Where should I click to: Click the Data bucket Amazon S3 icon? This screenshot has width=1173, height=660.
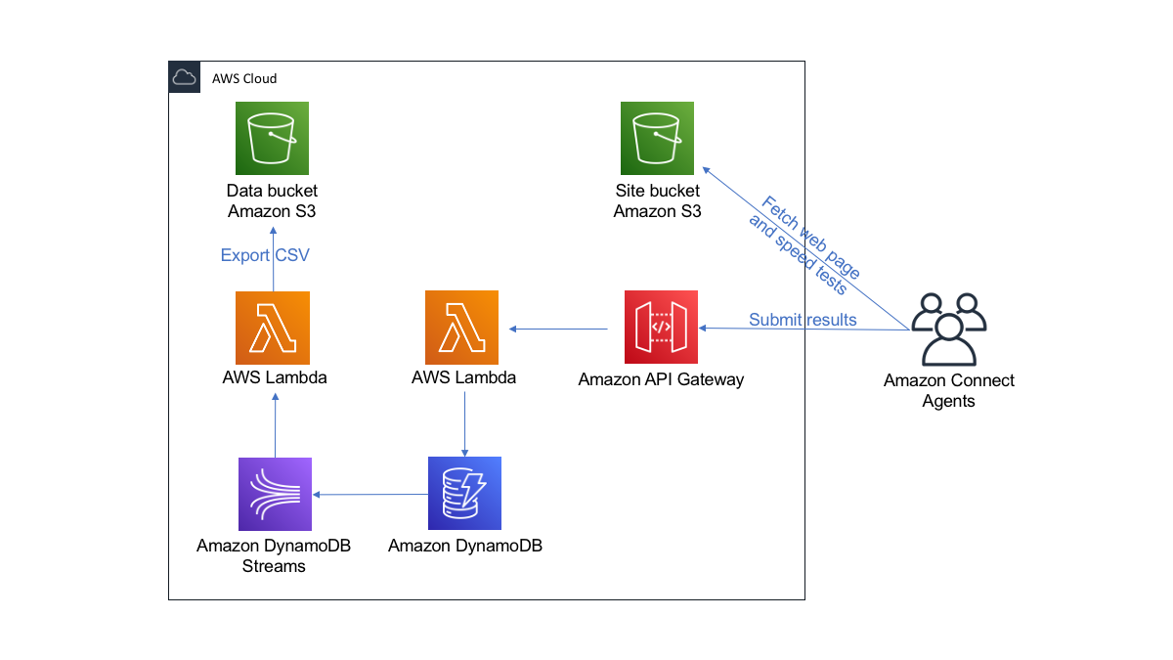click(x=272, y=139)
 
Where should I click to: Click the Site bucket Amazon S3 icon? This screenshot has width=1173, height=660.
click(x=657, y=139)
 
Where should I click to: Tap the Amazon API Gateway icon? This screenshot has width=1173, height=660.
click(x=661, y=328)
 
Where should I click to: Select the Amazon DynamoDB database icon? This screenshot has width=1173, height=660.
click(x=464, y=493)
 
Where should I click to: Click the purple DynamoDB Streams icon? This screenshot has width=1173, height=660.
click(x=275, y=494)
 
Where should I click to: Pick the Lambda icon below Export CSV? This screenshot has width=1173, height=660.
click(x=272, y=328)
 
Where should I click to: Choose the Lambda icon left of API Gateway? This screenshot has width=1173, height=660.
click(x=461, y=328)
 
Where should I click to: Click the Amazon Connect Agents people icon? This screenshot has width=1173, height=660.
click(x=948, y=330)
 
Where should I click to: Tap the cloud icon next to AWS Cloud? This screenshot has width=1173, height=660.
click(x=184, y=77)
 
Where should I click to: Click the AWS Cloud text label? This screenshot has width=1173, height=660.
click(x=244, y=78)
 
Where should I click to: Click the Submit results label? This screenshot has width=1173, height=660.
click(x=803, y=320)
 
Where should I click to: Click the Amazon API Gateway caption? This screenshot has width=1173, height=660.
click(x=661, y=379)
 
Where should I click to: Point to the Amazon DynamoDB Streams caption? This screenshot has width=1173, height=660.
click(x=274, y=555)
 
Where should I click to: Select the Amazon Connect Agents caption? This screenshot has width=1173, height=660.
click(x=948, y=390)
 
